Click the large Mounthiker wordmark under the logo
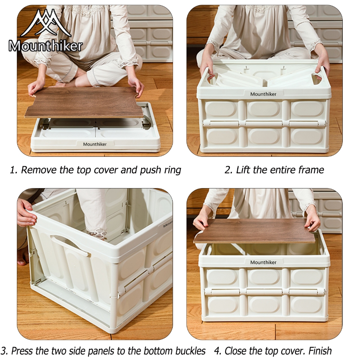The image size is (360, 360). (45, 46)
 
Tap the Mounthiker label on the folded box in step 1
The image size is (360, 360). (95, 144)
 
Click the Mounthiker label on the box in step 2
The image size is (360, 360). (263, 94)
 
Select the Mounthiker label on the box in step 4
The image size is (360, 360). (263, 262)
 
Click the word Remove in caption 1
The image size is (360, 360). (38, 170)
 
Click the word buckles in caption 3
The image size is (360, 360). (190, 351)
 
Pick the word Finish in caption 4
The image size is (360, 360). (320, 351)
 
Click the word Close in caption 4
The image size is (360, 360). (236, 351)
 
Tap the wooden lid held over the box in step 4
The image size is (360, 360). (255, 231)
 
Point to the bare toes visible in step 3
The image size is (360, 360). (22, 260)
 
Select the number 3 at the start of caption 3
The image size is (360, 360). (4, 351)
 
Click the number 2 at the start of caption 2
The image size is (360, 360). (228, 170)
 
